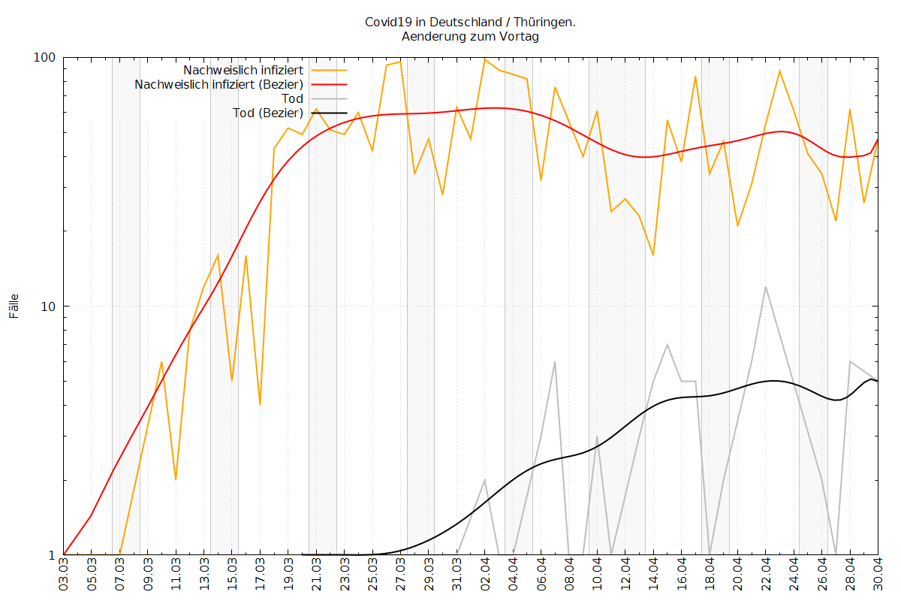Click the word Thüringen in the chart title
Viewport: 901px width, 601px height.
tap(544, 22)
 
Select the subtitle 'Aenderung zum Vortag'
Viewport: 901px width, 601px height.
tap(470, 36)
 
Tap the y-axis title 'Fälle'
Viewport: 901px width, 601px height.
tap(14, 306)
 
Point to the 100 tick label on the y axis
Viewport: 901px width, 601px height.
tap(44, 58)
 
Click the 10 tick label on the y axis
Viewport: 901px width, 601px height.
tap(48, 307)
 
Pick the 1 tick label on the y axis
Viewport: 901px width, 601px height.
tap(52, 555)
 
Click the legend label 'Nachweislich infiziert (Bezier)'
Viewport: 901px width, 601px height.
tap(218, 85)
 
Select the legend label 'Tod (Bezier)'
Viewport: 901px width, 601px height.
tap(268, 113)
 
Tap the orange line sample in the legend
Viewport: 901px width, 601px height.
tap(329, 70)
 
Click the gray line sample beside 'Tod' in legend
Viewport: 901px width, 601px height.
tap(329, 98)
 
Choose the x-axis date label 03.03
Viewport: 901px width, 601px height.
tap(64, 574)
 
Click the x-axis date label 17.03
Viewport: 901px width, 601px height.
tap(261, 574)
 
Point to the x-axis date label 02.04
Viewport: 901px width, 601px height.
tap(485, 574)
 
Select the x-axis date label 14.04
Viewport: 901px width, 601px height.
tap(653, 574)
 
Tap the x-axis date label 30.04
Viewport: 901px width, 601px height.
tap(878, 574)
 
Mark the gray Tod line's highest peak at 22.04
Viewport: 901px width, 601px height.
tap(765, 287)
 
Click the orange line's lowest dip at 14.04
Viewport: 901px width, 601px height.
tap(653, 255)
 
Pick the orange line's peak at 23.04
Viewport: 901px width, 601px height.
tap(779, 71)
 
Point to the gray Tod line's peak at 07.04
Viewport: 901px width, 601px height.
tap(555, 361)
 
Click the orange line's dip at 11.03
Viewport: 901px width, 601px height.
tap(176, 480)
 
